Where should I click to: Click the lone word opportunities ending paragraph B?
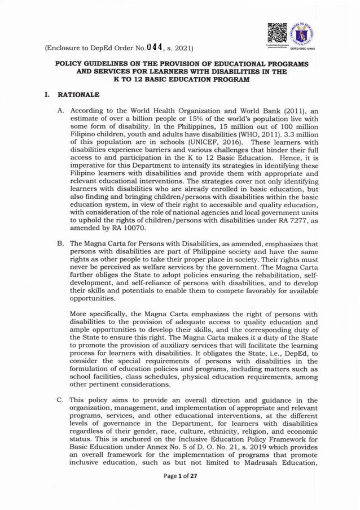coord(93,299)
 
